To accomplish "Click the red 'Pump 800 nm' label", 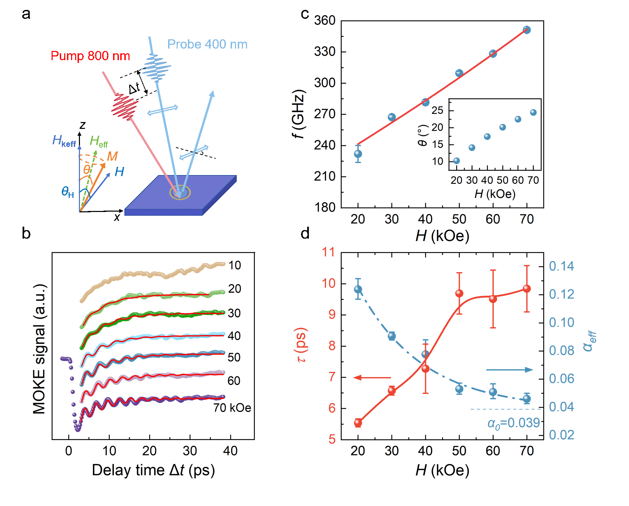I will [x=90, y=56].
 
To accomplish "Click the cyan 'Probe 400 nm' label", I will [x=207, y=44].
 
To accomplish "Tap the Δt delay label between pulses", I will [x=134, y=89].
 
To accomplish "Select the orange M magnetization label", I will [x=112, y=156].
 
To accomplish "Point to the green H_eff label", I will [x=99, y=141].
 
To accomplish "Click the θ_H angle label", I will [x=68, y=192].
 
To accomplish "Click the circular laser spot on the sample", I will [x=180, y=193].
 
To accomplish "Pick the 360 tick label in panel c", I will [x=325, y=21].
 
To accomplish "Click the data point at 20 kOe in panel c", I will [x=358, y=154].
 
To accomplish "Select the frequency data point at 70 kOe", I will [x=527, y=30].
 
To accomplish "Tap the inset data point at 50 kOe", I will [x=503, y=127].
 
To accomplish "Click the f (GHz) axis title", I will [x=299, y=114].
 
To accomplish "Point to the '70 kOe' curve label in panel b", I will [x=232, y=408].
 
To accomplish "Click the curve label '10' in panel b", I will [x=235, y=265].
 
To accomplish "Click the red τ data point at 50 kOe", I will [x=459, y=293].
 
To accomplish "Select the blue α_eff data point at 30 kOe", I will [x=392, y=336].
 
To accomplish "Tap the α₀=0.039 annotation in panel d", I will [x=514, y=423].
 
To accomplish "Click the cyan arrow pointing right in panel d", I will [x=509, y=370].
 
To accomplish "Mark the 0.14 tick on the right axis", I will [x=561, y=266].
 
